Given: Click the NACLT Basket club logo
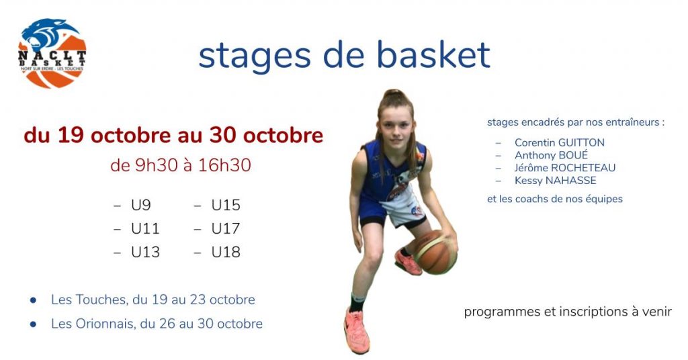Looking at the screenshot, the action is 52,53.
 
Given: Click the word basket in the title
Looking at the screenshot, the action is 433,55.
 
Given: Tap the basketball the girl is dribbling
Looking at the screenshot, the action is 435,252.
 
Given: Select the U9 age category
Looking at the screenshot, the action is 141,205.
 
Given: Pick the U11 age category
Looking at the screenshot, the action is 145,228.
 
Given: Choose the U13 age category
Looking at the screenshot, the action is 145,252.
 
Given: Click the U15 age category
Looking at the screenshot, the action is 226,205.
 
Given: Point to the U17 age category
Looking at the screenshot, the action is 226,228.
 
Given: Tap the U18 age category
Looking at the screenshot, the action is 226,252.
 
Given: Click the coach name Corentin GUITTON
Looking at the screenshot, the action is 560,142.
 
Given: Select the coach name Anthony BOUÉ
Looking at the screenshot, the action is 551,155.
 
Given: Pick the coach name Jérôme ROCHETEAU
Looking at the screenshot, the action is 565,167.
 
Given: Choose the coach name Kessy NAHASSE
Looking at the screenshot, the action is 556,180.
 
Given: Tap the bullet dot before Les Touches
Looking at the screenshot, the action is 34,300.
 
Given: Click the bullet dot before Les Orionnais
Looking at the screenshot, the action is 34,324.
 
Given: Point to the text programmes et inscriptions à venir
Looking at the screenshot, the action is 568,312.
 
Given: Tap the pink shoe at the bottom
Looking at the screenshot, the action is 356,330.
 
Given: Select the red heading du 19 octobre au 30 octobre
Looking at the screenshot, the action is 174,135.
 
